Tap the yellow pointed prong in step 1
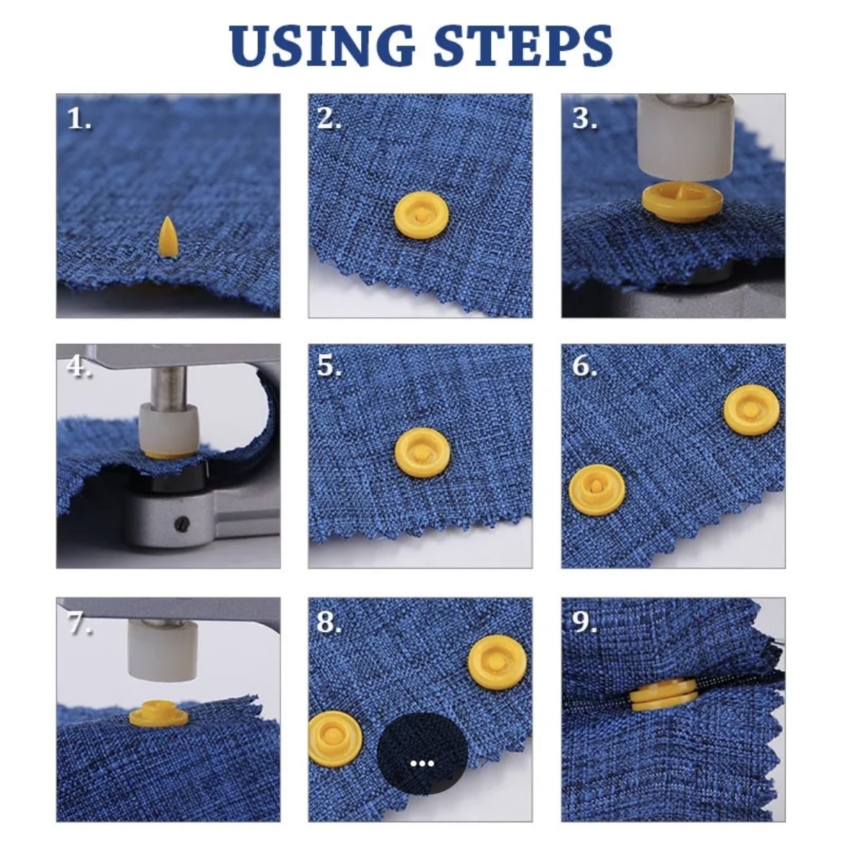point(168,237)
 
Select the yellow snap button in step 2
point(422,216)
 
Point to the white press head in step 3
point(685,137)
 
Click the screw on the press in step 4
point(182,522)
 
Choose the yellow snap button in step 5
point(422,453)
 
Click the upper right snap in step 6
point(751,410)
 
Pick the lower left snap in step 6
point(597,490)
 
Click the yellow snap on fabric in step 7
point(159,712)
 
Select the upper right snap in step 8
point(497,663)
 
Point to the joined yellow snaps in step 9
point(664,695)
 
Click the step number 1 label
point(79,118)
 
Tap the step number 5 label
point(329,366)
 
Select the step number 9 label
point(584,621)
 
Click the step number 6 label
point(584,366)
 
